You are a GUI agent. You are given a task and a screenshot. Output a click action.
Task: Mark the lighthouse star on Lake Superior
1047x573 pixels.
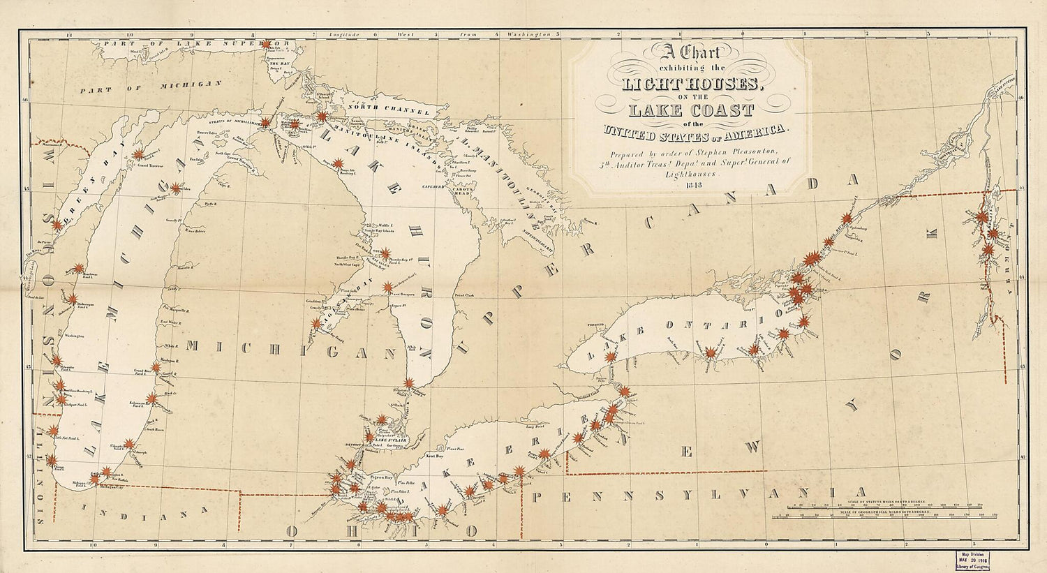[266, 45]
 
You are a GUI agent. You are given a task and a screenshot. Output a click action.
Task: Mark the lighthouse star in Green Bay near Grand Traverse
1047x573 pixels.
[138, 155]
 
